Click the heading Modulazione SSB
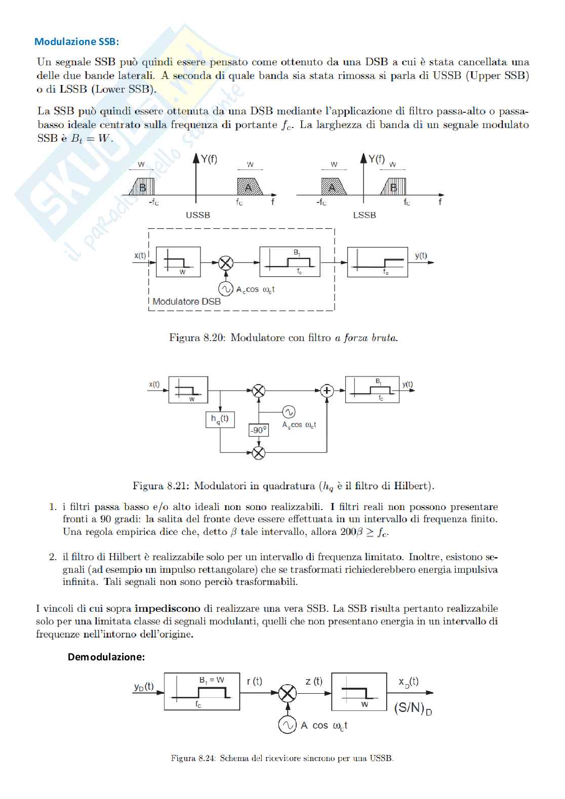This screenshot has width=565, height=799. pos(76,41)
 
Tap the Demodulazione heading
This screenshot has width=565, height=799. pos(106,657)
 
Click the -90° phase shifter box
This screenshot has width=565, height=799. pos(258,430)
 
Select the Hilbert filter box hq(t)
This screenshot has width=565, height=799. pos(220,419)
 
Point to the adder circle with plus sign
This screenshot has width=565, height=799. pos(327,391)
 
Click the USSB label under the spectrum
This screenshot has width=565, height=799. pos(197,215)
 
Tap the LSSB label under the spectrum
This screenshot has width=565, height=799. pos(364,215)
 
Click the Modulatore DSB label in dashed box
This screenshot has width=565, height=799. pos(186,302)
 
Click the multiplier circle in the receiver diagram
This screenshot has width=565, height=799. pos(287,693)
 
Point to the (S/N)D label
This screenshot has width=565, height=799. pos(413,708)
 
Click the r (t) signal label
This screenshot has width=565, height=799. pos(254,682)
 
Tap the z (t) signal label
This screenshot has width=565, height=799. pos(314,682)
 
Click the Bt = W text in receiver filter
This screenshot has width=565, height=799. pos(212,681)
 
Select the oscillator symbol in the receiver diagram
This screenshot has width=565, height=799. pos(287,725)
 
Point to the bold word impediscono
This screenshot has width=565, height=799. pos(167,608)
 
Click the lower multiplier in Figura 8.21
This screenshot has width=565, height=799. pos(258,452)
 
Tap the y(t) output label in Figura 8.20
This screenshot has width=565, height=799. pos(421,256)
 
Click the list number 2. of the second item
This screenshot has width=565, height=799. pos(53,557)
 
